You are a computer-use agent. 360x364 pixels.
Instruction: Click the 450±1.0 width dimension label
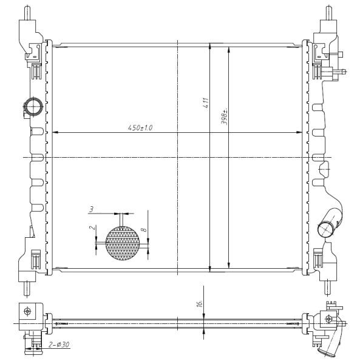[x=140, y=127]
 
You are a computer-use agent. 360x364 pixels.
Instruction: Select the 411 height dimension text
[x=206, y=103]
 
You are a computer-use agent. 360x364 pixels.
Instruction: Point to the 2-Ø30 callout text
[x=59, y=345]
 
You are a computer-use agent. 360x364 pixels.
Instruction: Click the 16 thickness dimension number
[x=200, y=304]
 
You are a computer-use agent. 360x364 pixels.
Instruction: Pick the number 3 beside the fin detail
[x=91, y=209]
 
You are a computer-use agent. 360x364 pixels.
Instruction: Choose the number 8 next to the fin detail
[x=144, y=230]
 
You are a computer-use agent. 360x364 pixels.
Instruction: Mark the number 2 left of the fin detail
[x=92, y=227]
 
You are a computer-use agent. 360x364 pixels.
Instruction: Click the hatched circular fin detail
[x=123, y=243]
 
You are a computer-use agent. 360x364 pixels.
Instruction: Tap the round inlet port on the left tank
[x=33, y=107]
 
